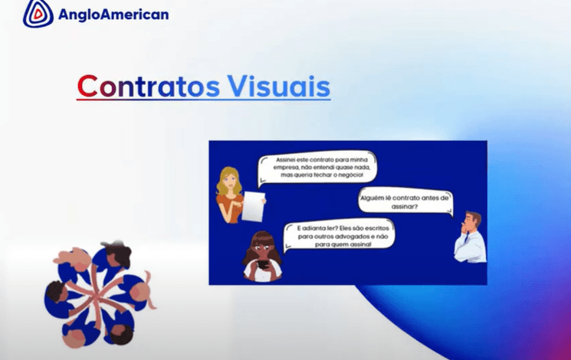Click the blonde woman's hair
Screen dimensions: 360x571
pyautogui.click(x=228, y=181)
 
